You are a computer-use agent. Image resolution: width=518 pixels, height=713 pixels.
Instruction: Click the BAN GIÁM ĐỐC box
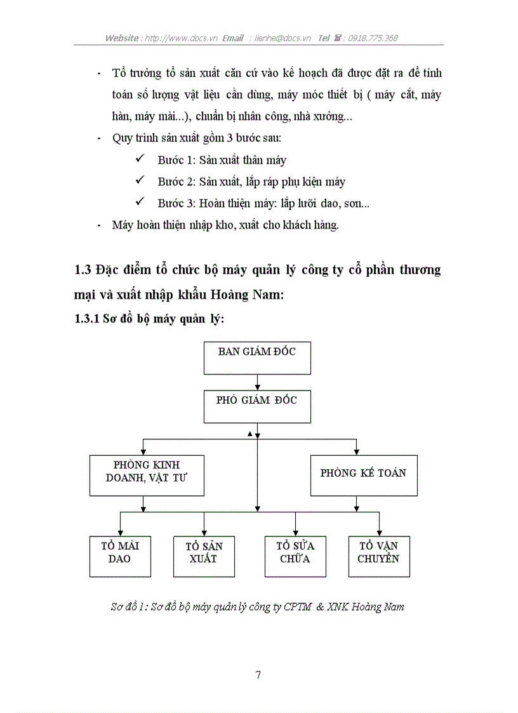(x=256, y=358)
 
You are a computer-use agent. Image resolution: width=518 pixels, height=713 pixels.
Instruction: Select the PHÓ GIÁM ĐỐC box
(x=256, y=406)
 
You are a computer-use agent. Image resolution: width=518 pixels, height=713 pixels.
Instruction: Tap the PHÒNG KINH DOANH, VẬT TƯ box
(x=147, y=475)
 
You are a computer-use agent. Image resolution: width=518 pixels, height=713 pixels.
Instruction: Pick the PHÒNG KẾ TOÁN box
(x=363, y=475)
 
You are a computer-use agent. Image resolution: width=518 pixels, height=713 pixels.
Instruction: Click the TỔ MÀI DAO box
(x=120, y=556)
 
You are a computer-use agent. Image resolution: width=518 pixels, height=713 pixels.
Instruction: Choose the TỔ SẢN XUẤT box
(x=204, y=556)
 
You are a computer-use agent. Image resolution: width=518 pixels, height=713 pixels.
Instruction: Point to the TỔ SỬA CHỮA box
(x=295, y=556)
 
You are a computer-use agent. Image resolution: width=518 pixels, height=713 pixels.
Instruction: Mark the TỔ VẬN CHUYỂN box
(x=379, y=556)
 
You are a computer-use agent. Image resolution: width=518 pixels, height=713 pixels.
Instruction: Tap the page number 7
(x=258, y=675)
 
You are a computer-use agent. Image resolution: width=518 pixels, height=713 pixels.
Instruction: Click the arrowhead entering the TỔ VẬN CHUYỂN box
(x=379, y=532)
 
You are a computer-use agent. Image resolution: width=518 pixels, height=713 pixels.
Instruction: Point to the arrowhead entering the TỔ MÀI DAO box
(x=120, y=532)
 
